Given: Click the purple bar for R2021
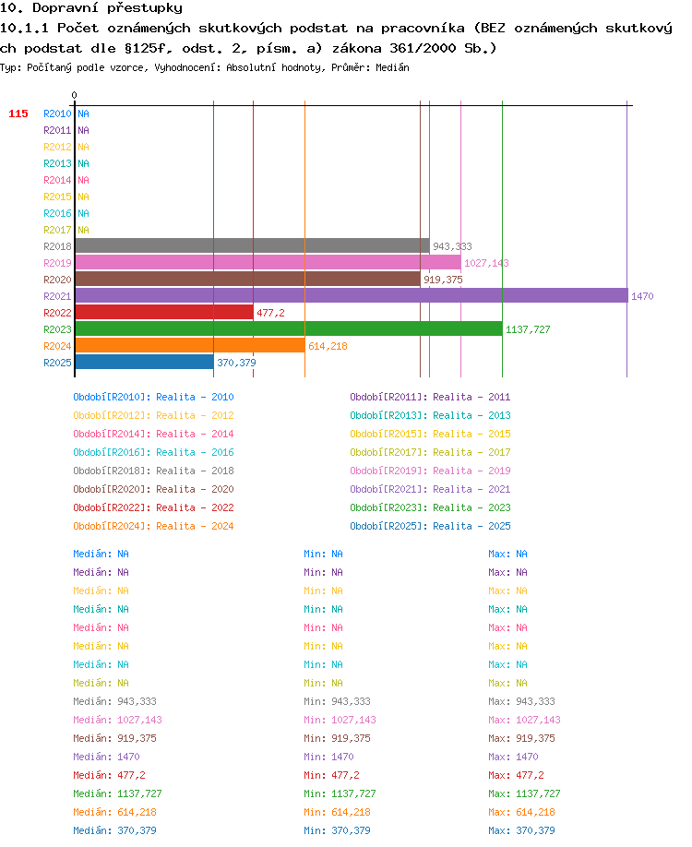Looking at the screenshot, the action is [x=352, y=295].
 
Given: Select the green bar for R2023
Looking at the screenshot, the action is [x=289, y=328].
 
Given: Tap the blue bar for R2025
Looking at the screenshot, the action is [x=145, y=362].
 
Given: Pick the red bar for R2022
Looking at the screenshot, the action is [x=165, y=312].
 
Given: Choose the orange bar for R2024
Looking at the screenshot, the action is [x=190, y=345].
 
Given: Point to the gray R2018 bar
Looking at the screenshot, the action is [x=253, y=245].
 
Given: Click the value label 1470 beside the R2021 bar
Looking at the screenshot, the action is [x=642, y=296].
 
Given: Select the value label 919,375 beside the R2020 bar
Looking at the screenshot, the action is [x=443, y=280].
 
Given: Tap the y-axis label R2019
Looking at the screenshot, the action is [x=57, y=263].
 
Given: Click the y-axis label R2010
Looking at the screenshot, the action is [x=57, y=113].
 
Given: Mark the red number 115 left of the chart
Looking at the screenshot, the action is [x=18, y=113].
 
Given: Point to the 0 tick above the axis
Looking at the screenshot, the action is [x=74, y=95].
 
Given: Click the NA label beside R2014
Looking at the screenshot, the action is [x=83, y=180].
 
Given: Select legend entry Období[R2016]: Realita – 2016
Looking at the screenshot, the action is [x=153, y=452].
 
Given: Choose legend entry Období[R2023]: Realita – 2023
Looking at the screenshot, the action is [x=430, y=507].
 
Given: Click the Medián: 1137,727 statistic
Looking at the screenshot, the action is [x=117, y=793].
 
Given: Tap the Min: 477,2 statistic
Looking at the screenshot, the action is [x=331, y=775].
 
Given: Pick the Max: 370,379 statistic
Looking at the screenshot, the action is [x=521, y=830].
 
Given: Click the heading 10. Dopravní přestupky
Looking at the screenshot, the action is [x=91, y=8].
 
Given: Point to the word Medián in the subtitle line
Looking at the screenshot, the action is [x=392, y=67].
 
